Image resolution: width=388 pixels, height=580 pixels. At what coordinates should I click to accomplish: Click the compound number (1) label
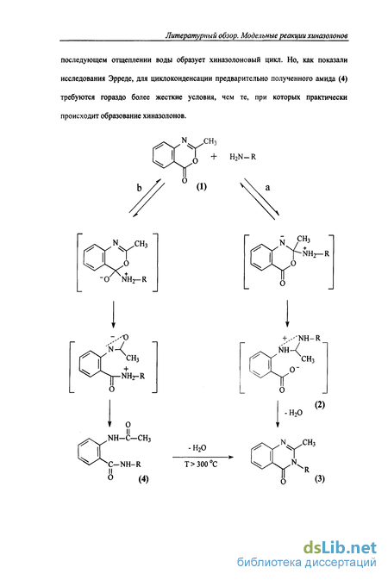pyautogui.click(x=202, y=186)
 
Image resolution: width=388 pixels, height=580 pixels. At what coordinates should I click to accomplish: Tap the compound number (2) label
pyautogui.click(x=320, y=404)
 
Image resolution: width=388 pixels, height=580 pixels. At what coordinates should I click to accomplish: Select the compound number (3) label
pyautogui.click(x=320, y=478)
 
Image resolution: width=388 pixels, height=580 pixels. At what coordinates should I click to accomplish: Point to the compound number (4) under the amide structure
pyautogui.click(x=143, y=479)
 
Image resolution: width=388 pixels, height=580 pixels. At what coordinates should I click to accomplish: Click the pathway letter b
pyautogui.click(x=139, y=188)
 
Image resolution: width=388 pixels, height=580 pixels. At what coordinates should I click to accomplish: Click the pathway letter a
pyautogui.click(x=267, y=188)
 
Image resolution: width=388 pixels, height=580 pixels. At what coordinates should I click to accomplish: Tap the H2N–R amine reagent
pyautogui.click(x=242, y=157)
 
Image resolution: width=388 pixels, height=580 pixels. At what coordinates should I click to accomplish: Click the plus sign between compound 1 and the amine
pyautogui.click(x=214, y=157)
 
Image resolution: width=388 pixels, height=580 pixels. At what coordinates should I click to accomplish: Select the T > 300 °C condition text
pyautogui.click(x=201, y=464)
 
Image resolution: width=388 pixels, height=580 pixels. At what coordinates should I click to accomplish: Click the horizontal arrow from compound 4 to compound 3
pyautogui.click(x=203, y=458)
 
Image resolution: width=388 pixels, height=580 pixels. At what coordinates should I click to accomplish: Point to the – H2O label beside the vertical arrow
pyautogui.click(x=295, y=413)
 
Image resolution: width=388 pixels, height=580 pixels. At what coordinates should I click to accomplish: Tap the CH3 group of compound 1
pyautogui.click(x=210, y=141)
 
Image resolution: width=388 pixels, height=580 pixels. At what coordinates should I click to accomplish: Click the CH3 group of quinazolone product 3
pyautogui.click(x=309, y=443)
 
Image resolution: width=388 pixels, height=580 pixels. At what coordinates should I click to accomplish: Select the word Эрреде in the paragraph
pyautogui.click(x=122, y=78)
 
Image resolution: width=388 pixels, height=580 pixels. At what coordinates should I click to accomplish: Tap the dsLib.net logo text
pyautogui.click(x=340, y=548)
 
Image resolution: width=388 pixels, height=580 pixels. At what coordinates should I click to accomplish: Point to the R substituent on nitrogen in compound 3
pyautogui.click(x=306, y=470)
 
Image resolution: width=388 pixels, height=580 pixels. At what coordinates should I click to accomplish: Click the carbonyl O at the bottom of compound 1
pyautogui.click(x=185, y=180)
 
